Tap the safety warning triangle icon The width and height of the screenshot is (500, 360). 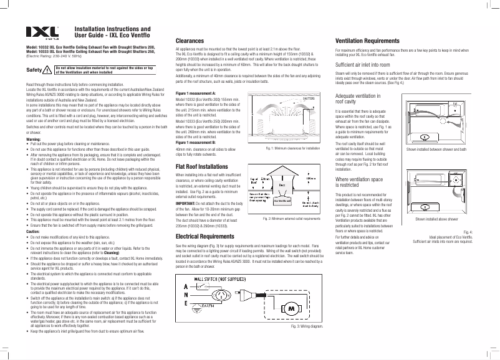[48, 69]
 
